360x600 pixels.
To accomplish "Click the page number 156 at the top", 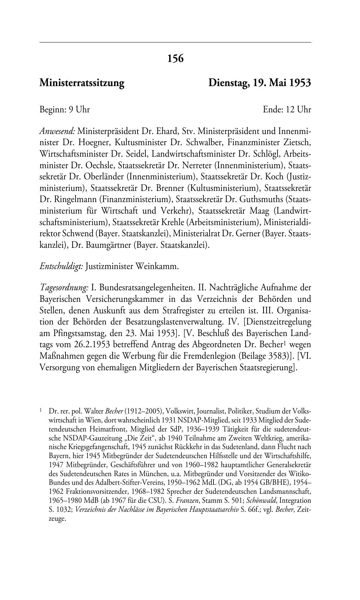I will (175, 58).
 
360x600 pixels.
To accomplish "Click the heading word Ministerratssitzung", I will (82, 83).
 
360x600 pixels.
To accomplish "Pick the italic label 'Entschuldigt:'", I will (62, 267).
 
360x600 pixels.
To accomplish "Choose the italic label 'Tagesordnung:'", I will (64, 288).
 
